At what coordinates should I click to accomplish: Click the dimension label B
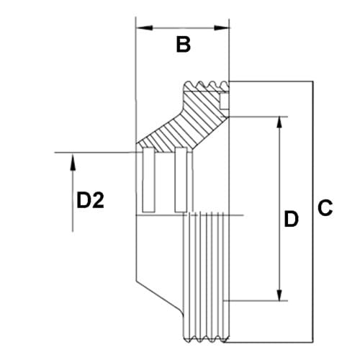184,45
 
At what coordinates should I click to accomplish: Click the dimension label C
325,210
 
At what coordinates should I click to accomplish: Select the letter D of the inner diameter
291,219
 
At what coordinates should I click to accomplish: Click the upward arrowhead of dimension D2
72,159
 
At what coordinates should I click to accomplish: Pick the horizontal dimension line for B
183,28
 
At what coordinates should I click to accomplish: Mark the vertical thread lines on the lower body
209,274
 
